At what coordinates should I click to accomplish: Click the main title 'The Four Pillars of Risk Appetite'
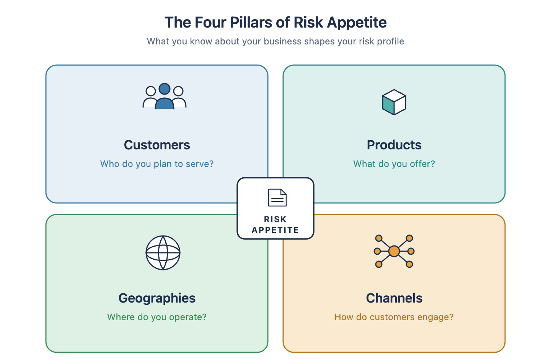[x=275, y=23]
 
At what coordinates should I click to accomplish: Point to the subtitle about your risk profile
[x=275, y=41]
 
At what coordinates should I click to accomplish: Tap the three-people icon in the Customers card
[x=165, y=96]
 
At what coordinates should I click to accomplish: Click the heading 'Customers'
[x=157, y=145]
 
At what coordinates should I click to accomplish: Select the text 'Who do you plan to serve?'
[x=157, y=164]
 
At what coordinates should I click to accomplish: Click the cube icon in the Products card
[x=394, y=102]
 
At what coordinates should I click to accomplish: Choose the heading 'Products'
[x=394, y=145]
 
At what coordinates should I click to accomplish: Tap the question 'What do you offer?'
[x=394, y=164]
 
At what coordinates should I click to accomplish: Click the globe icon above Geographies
[x=163, y=253]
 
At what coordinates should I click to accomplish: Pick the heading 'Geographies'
[x=157, y=298]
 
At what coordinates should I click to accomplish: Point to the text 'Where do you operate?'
[x=157, y=317]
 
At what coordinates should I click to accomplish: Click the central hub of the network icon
[x=394, y=251]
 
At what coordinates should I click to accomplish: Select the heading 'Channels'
[x=394, y=298]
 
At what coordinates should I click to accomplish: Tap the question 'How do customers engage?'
[x=394, y=317]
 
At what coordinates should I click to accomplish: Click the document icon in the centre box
[x=277, y=198]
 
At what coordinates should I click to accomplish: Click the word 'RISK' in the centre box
[x=275, y=219]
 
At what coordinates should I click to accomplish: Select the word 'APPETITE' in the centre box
[x=275, y=230]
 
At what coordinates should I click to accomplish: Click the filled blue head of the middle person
[x=165, y=89]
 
